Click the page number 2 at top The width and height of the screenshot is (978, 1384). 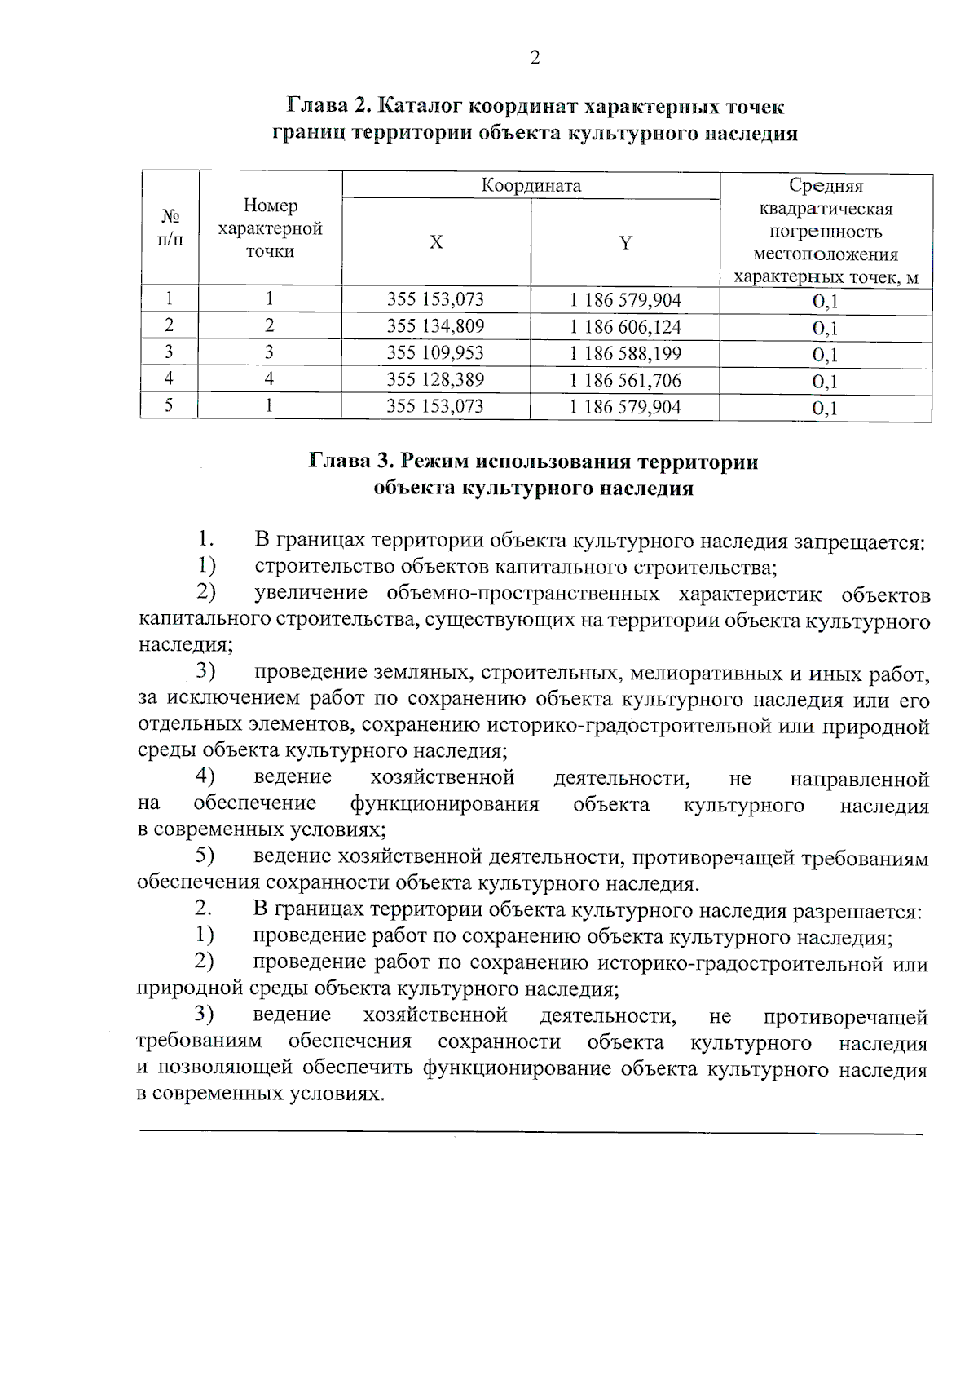coord(535,57)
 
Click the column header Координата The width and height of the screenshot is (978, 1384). coord(531,185)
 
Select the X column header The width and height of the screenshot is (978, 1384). coord(436,242)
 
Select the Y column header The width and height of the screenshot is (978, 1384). coord(625,242)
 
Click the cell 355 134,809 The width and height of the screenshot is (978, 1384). coord(435,326)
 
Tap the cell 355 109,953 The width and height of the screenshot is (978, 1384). coord(435,352)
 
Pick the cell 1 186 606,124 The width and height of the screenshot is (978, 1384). coord(625,327)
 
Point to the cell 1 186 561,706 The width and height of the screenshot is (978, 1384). coord(625,380)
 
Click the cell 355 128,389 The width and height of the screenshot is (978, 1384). coord(435,379)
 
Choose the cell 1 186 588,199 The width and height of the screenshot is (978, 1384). coord(625,353)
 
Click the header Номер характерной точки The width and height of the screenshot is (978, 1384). coord(270,228)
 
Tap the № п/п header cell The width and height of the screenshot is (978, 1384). coord(170,228)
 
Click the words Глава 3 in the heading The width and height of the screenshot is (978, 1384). coord(351,462)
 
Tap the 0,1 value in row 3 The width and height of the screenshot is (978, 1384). coord(825,355)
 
